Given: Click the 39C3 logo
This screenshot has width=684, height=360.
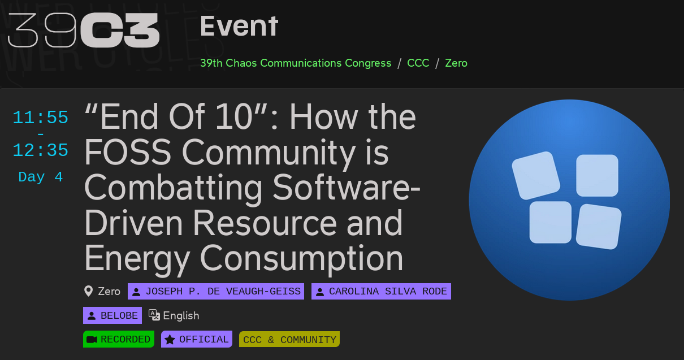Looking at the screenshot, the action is [83, 30].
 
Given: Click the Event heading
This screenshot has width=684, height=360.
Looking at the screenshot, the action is [239, 27].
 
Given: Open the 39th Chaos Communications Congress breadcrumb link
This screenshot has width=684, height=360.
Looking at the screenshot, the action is [296, 63].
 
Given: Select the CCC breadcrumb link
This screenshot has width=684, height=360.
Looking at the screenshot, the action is [418, 63].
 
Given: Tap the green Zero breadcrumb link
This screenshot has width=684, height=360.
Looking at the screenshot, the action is [456, 63].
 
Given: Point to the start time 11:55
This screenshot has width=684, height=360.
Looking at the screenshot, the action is [40, 117].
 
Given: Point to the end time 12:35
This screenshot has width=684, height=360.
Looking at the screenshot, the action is [40, 150].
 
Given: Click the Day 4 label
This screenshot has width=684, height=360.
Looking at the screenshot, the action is [41, 177].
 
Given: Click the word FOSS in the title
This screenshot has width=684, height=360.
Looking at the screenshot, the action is [128, 152].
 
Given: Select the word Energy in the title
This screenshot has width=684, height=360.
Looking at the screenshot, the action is [137, 258].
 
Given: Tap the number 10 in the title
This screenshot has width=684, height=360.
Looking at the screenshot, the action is [234, 116].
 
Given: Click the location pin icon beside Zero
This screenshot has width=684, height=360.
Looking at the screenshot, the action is [88, 291].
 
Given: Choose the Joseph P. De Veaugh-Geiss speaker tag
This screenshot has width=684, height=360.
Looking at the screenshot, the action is [216, 291].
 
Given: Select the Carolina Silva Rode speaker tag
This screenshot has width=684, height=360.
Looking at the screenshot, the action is [381, 291].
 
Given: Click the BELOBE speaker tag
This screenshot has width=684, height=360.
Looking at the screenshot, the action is [112, 315].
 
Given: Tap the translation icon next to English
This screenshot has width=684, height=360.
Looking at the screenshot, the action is [154, 315].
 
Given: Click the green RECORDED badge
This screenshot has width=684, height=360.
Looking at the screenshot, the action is [119, 339].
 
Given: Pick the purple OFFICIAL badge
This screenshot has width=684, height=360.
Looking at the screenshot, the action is [197, 339].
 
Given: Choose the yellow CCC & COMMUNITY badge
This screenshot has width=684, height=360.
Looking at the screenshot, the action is [289, 339].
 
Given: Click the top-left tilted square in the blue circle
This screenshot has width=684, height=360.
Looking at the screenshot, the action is [536, 176].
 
